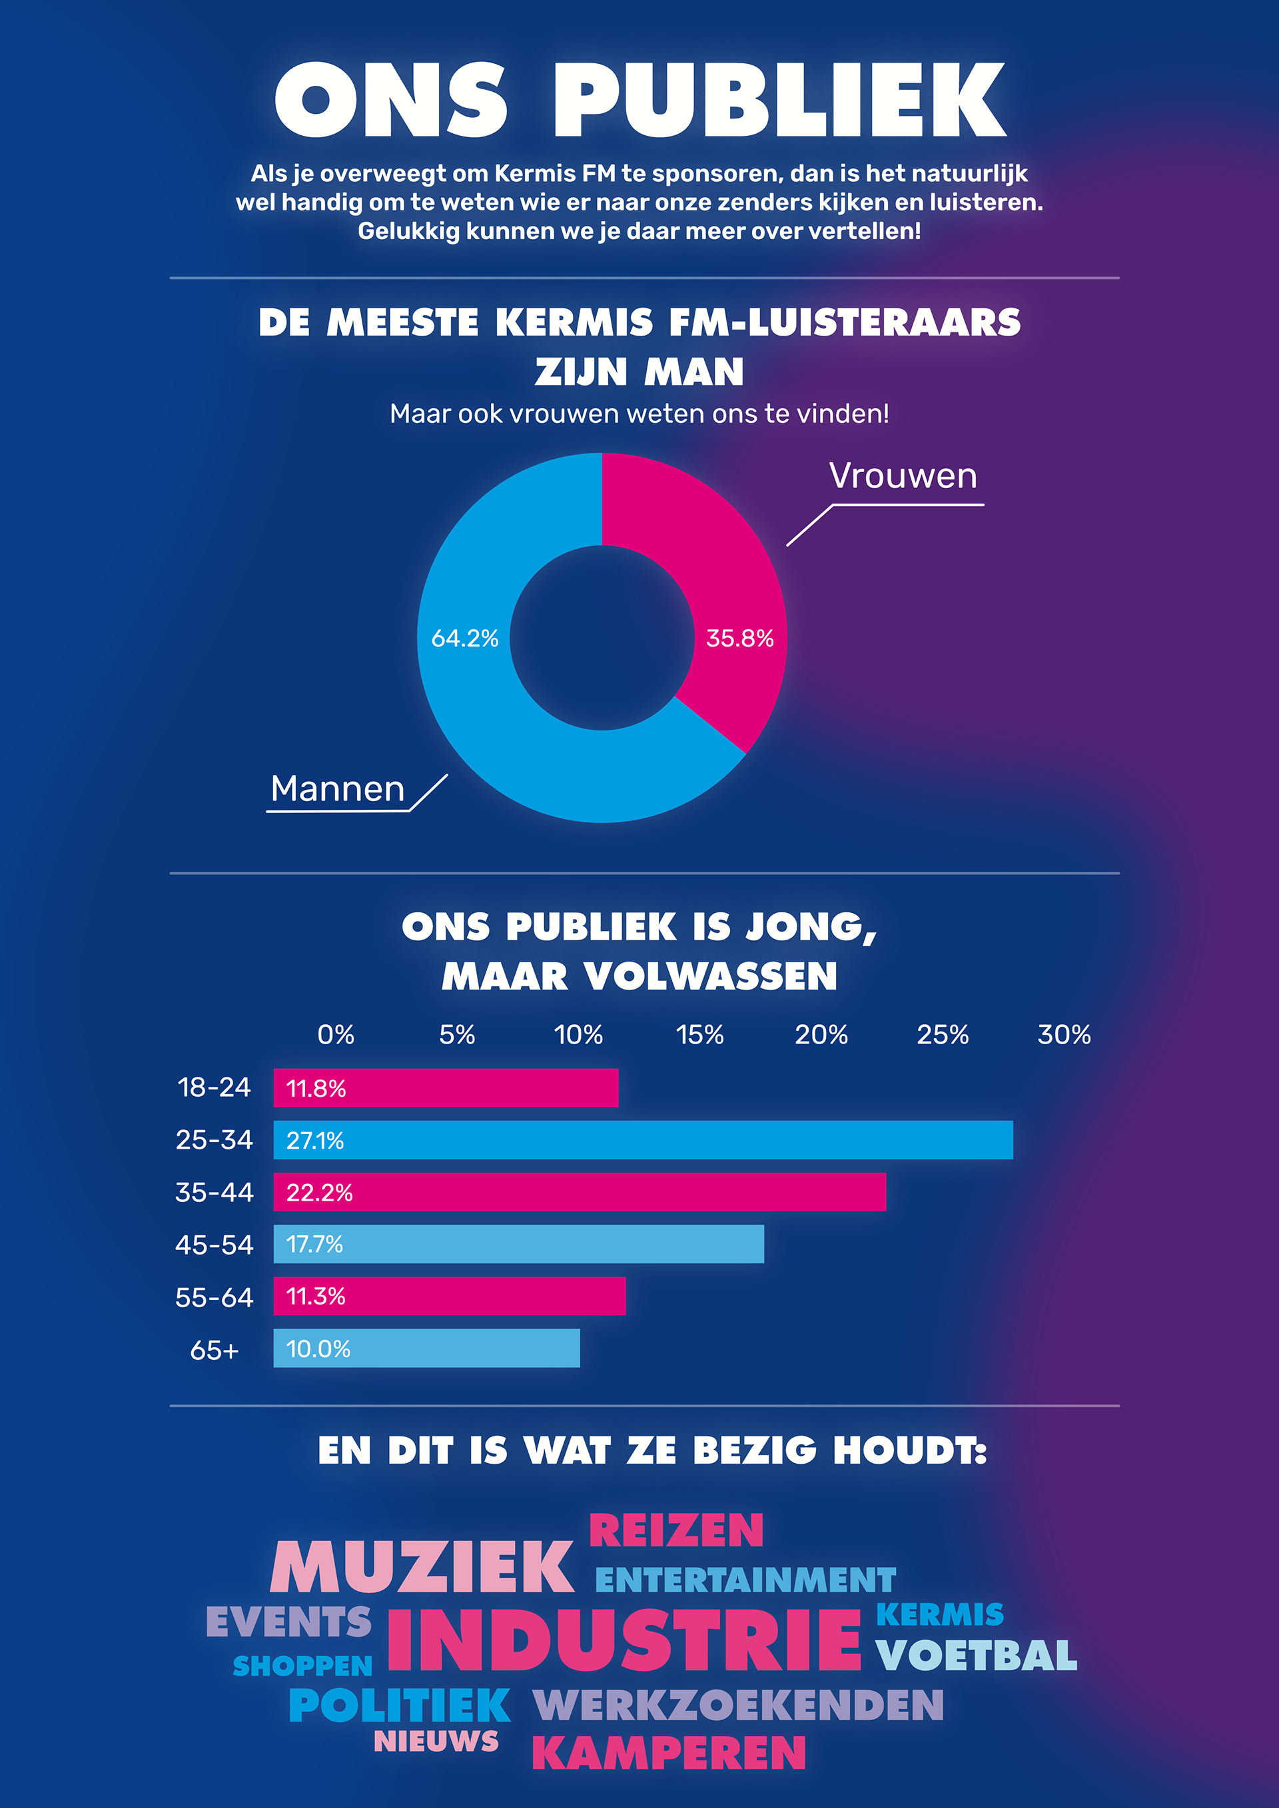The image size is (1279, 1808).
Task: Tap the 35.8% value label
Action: (739, 638)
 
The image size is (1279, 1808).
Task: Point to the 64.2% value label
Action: (465, 638)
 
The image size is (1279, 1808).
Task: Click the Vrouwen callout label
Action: (903, 475)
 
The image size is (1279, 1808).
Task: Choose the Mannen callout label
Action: (338, 788)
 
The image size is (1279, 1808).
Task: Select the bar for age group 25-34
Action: (643, 1139)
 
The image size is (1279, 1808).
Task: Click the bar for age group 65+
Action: (426, 1348)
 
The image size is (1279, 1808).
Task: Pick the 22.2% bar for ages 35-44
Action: (580, 1191)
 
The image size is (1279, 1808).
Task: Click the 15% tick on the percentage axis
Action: (699, 1034)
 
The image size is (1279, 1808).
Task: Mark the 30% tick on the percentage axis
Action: (1064, 1034)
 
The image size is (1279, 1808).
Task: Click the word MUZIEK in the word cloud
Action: (422, 1567)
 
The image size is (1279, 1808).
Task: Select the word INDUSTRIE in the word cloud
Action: (625, 1640)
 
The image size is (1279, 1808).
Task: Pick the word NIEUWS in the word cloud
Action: (436, 1740)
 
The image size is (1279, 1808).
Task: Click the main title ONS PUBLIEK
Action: (639, 100)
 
